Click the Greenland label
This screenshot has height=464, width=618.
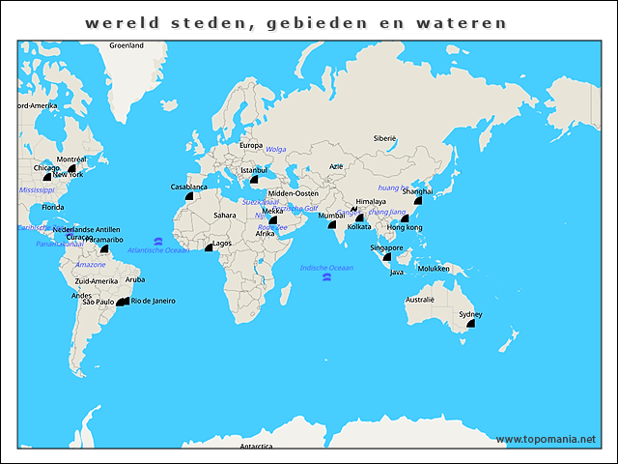tap(126, 45)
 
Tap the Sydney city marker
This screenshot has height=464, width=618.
tap(471, 324)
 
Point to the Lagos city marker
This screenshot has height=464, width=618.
tap(209, 248)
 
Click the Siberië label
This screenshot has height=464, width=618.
tap(385, 138)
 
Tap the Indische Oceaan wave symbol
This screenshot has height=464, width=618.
tap(327, 277)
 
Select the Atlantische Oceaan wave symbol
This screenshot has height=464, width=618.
tap(157, 241)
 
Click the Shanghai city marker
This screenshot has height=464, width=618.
tap(418, 201)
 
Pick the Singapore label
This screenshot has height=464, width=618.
tap(386, 247)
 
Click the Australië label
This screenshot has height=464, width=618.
tap(420, 300)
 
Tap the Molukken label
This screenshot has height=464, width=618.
tap(434, 268)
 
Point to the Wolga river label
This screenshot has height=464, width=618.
tap(276, 149)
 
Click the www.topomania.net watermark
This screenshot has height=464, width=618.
tap(546, 439)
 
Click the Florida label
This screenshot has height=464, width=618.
tap(52, 207)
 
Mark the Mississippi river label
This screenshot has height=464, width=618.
tap(37, 190)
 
